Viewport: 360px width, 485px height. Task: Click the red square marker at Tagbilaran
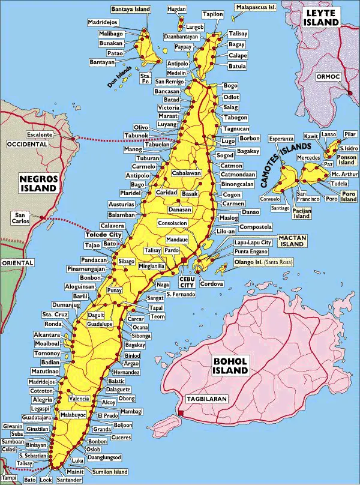(180, 412)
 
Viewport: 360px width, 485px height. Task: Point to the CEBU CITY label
(187, 282)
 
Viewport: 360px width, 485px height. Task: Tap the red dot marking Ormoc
(350, 92)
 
